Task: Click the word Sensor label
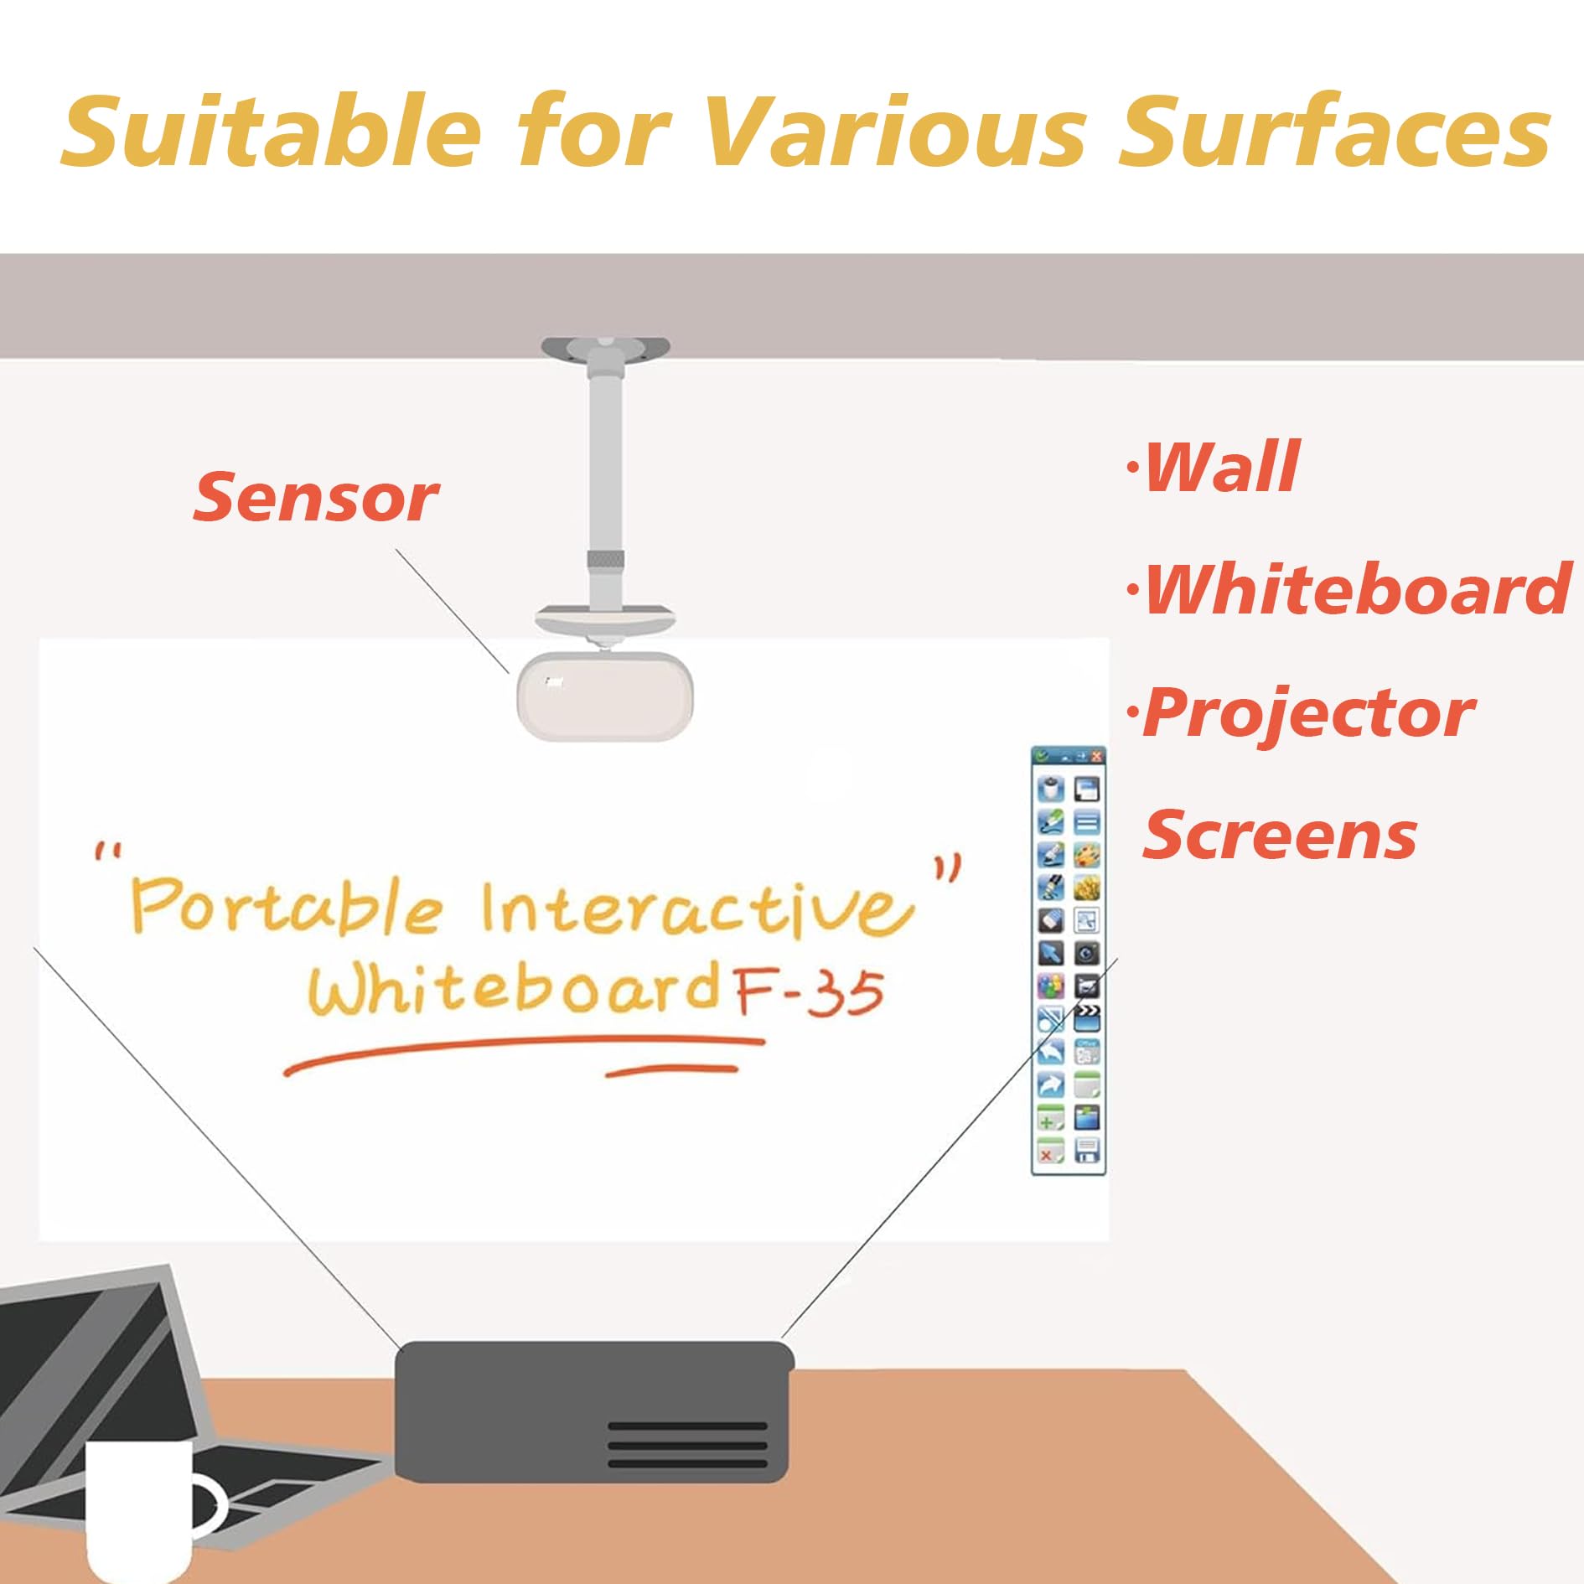(x=316, y=497)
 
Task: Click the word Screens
(x=1280, y=835)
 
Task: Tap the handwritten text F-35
(x=809, y=994)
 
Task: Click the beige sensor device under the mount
(x=605, y=696)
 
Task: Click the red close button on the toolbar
(x=1096, y=756)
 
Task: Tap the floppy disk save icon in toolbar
(x=1087, y=1150)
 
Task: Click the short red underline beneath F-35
(x=671, y=1071)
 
